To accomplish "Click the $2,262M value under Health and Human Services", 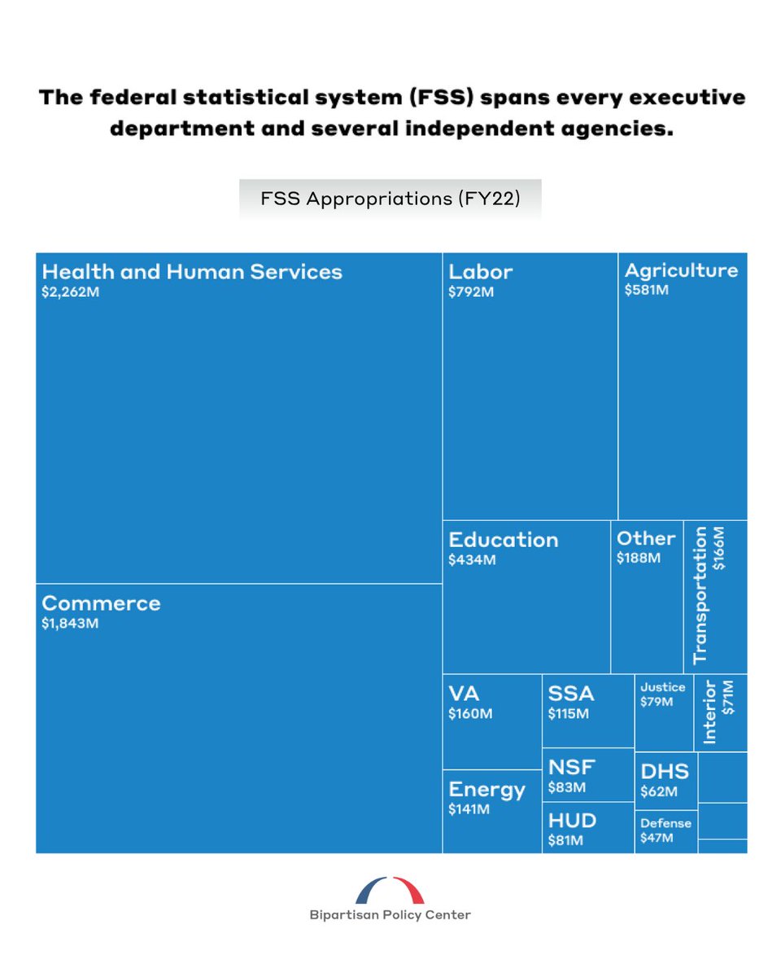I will click(x=71, y=292).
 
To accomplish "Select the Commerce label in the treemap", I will click(x=101, y=603).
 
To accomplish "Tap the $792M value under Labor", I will click(x=470, y=292).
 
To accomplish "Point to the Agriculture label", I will click(x=681, y=270).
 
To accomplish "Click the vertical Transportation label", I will click(x=700, y=595).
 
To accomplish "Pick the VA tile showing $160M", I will click(x=491, y=721).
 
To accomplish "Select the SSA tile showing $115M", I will click(x=587, y=710).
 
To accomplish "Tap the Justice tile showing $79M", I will click(x=663, y=712).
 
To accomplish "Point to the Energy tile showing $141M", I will click(x=491, y=811).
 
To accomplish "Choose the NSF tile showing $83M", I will click(x=587, y=774).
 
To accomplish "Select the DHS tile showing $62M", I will click(x=665, y=780).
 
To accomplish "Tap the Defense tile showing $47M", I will click(x=665, y=830).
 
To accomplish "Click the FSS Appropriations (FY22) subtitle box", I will click(x=390, y=199).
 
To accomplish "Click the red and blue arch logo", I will click(x=390, y=890).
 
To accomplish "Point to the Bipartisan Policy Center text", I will click(x=390, y=914).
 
